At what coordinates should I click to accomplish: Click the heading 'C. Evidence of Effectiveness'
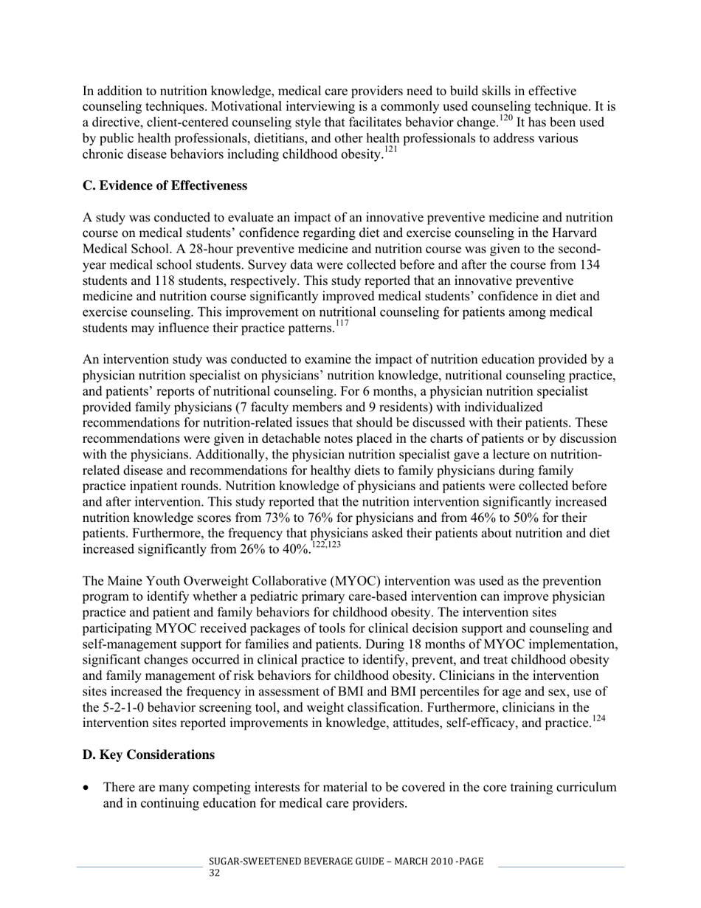pos(165,186)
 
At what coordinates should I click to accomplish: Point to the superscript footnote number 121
pos(390,151)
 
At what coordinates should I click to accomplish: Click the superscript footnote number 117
pos(342,324)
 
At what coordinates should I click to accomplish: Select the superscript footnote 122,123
pos(326,546)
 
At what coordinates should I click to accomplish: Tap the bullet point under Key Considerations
pos(87,788)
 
